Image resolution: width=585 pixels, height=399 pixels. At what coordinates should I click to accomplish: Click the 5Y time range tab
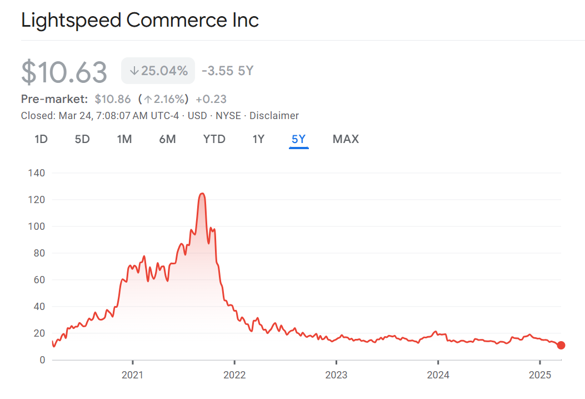pos(299,139)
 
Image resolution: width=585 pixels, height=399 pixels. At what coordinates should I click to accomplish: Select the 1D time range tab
pos(41,139)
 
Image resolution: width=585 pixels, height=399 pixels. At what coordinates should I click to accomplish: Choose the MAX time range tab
pos(346,139)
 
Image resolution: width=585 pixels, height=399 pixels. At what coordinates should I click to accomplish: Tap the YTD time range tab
pos(214,139)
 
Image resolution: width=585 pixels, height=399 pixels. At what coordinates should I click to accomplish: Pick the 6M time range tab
pos(167,139)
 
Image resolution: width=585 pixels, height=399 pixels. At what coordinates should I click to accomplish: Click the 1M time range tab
pos(124,139)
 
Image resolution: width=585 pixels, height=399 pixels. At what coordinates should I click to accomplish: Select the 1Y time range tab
pos(258,139)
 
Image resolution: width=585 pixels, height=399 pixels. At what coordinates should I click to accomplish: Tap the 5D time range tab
pos(82,139)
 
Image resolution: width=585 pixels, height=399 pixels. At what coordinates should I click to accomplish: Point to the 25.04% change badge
pos(158,71)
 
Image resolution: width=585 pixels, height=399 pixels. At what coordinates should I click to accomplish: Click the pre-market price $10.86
pos(113,100)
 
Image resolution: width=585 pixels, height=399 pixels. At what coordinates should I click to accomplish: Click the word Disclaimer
pos(274,116)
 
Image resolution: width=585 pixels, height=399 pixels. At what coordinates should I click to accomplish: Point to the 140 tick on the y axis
pos(36,173)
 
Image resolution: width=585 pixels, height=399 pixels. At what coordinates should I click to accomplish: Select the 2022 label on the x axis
pos(234,375)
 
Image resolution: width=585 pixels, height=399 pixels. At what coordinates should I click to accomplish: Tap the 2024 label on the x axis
pos(438,375)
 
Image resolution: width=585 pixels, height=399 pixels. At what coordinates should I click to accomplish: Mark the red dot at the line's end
pos(561,346)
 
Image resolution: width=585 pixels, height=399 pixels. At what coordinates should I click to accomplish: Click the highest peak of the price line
pos(202,194)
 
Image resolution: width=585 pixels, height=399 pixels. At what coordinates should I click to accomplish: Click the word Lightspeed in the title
pos(71,21)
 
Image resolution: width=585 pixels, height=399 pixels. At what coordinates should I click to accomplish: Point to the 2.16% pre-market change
pos(165,100)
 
